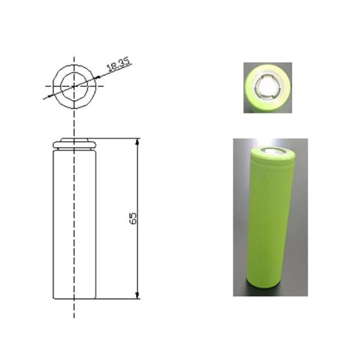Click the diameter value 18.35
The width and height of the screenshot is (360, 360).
118,65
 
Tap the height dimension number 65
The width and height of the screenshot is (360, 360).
133,218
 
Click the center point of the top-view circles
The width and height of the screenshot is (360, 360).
74,86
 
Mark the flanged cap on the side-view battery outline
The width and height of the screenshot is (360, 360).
74,144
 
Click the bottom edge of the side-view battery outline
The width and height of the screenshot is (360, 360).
74,298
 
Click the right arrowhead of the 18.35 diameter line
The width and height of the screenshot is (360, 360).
97,77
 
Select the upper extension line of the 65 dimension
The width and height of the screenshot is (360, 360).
117,139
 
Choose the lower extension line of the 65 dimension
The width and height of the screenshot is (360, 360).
117,298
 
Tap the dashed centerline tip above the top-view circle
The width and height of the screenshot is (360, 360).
74,60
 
